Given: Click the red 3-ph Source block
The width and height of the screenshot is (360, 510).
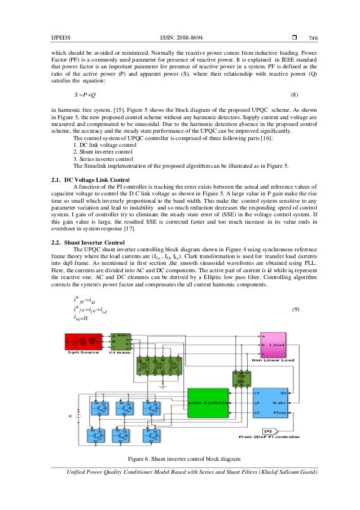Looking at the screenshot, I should pos(82,341).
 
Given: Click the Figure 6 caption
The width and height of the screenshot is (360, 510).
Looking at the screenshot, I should pos(185,458).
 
